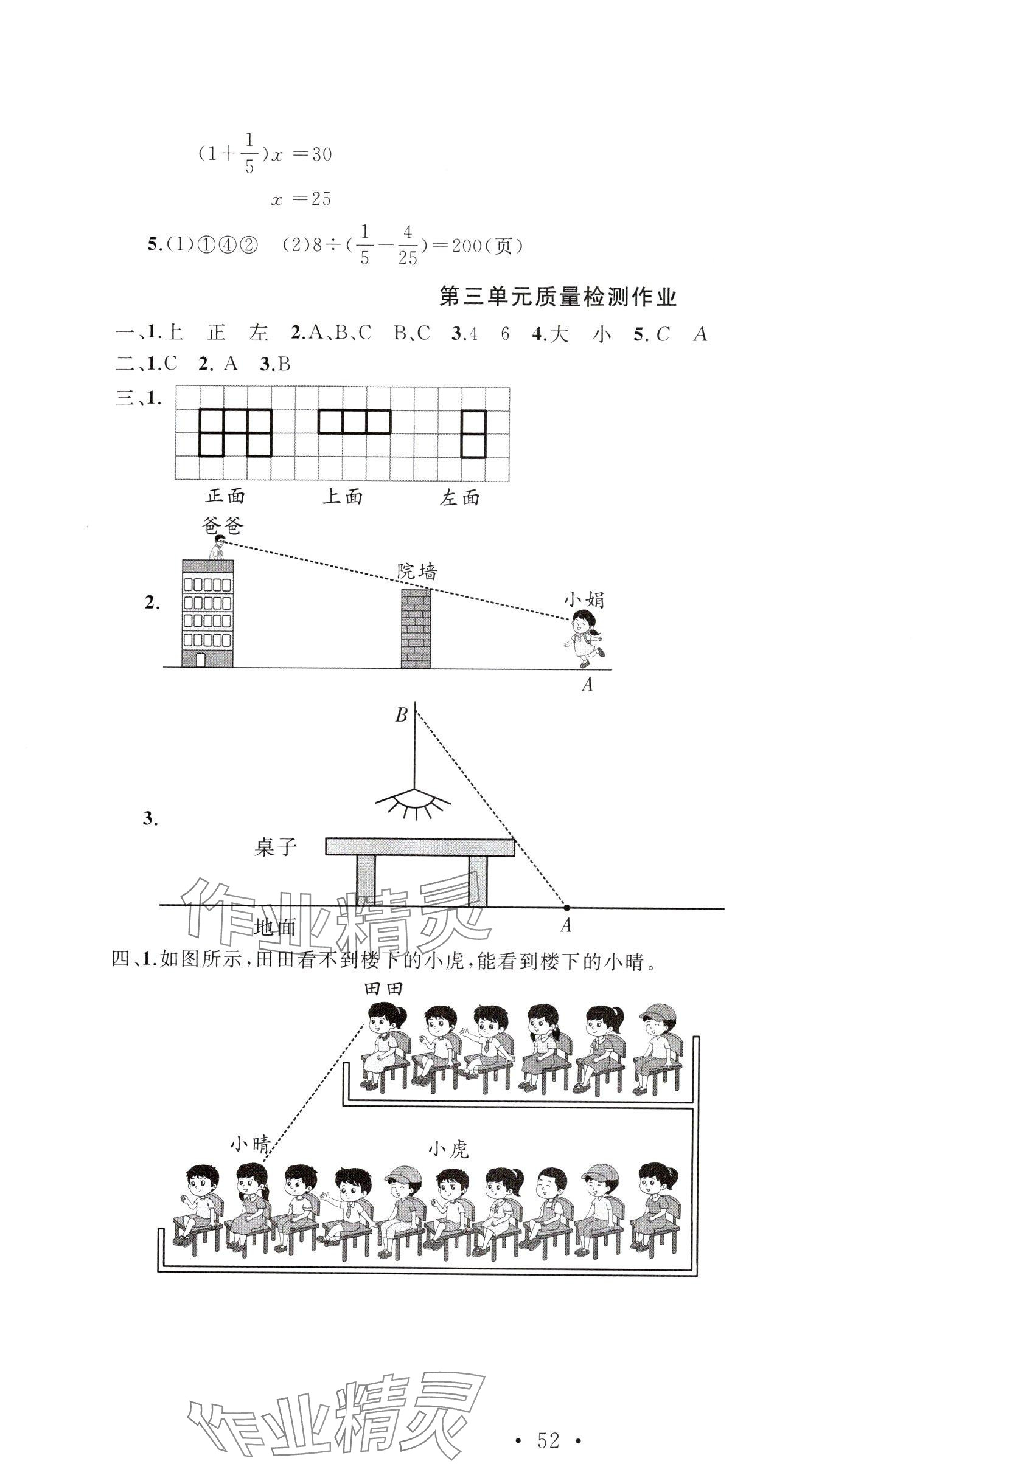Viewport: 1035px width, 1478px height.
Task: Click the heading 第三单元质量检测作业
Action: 557,297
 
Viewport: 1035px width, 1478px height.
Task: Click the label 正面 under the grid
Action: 225,496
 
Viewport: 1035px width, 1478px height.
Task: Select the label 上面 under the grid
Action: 342,496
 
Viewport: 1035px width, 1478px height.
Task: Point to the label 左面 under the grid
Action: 460,497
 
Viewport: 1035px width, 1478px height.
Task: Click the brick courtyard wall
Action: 416,628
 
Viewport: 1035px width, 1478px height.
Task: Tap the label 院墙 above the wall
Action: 417,571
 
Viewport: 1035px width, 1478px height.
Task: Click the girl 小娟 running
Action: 585,634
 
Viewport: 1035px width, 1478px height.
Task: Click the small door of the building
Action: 200,659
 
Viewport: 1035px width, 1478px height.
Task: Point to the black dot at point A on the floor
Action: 566,908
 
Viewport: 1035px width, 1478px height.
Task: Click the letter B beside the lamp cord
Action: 401,714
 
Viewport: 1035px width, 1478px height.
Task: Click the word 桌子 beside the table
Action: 276,847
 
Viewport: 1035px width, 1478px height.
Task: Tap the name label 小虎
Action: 448,1148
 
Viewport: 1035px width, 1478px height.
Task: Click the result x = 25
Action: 301,199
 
